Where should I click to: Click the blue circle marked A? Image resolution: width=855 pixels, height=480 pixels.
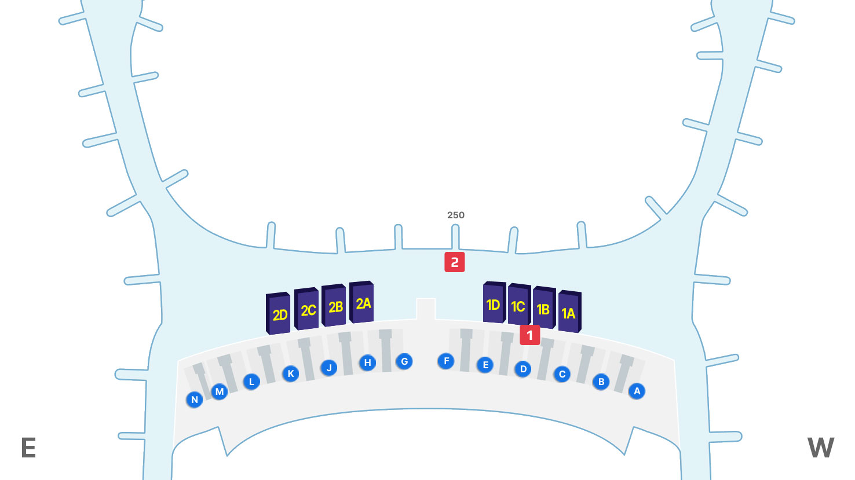coord(637,391)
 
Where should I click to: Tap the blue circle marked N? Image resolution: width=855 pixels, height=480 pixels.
coord(195,400)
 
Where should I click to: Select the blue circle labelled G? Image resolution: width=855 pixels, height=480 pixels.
coord(404,362)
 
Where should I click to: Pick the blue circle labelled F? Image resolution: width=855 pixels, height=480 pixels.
coord(446,361)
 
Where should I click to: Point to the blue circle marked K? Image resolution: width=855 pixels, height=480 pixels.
coord(291,373)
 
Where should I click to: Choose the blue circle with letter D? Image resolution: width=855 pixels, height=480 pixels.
coord(523,369)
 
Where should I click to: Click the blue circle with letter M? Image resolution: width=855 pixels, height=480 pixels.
coord(220,392)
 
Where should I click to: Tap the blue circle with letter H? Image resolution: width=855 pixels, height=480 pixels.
coord(367,363)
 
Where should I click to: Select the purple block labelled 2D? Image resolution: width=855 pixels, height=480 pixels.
coord(279,314)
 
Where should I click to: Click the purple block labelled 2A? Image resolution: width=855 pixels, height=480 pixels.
coord(363,303)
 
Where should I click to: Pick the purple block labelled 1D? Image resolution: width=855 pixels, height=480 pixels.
coord(494,303)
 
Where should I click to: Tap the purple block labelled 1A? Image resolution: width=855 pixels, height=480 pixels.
coord(569,313)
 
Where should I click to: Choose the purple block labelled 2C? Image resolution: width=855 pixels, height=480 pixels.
coord(307,310)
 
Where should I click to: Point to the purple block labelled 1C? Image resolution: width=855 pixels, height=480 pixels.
coord(518,306)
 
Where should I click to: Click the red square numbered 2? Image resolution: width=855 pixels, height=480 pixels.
coord(455,262)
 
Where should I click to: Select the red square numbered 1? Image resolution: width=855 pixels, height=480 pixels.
coord(529,335)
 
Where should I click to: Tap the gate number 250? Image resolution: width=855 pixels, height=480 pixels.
coord(456,215)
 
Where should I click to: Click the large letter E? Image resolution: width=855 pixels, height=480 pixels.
coord(28,448)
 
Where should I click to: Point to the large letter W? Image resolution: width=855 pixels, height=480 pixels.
coord(821,448)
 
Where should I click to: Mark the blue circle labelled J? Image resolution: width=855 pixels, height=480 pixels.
coord(329,368)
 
